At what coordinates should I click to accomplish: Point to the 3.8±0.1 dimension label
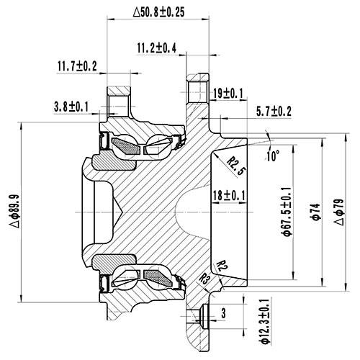(71, 107)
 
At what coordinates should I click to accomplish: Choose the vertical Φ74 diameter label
(314, 211)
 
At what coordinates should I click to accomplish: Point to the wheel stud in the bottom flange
(203, 315)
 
